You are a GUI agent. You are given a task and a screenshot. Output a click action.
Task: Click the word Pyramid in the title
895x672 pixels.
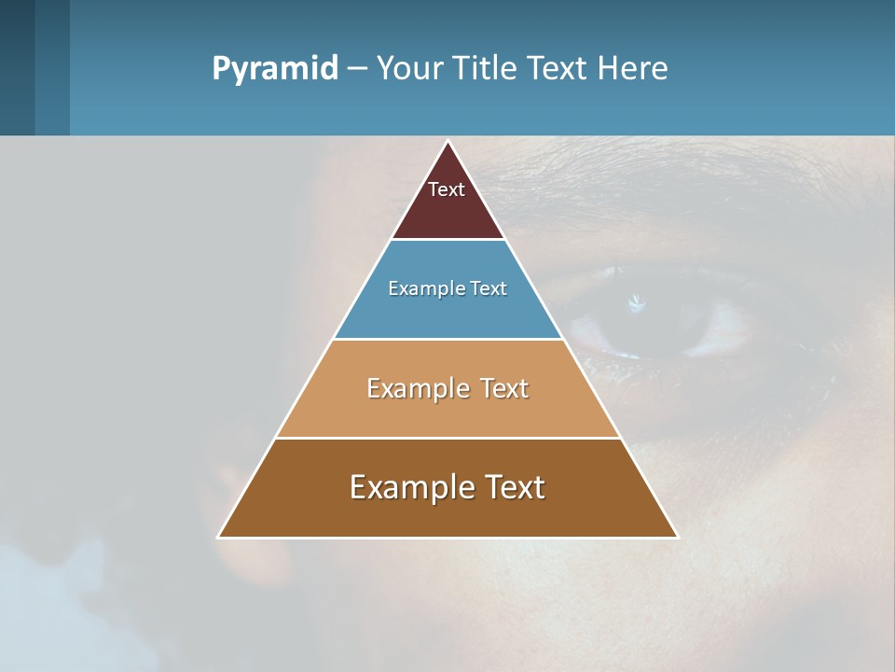point(274,69)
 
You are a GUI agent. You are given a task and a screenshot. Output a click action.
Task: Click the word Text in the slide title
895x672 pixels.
point(559,69)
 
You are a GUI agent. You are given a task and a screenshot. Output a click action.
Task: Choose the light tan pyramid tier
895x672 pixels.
point(447,411)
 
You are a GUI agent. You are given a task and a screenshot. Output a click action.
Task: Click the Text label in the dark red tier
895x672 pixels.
point(447,189)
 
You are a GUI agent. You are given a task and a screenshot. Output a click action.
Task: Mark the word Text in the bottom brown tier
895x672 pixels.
point(514,487)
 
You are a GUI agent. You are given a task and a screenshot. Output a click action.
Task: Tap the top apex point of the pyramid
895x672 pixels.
point(448,142)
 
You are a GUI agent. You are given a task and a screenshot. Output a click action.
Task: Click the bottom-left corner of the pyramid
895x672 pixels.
point(219,537)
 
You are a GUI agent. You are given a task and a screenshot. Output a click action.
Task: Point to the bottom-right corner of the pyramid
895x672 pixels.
point(677,537)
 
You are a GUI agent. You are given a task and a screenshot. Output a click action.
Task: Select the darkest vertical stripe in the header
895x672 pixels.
point(17,67)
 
